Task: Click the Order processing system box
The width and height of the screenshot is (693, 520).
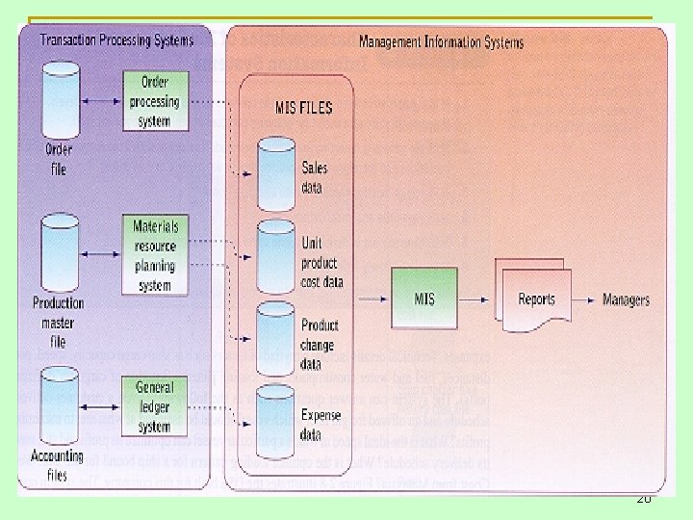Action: [x=155, y=102]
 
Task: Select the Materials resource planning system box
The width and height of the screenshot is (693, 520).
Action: [x=155, y=253]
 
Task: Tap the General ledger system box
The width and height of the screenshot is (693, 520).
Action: [x=155, y=406]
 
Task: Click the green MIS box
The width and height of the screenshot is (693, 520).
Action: [x=424, y=299]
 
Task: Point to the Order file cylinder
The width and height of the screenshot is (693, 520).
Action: [x=60, y=101]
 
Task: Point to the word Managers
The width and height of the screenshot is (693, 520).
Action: [x=626, y=299]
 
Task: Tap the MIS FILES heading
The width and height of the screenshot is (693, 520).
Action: [x=303, y=108]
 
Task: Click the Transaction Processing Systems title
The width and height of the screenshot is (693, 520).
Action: [x=115, y=40]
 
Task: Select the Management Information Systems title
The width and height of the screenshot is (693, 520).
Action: [x=441, y=42]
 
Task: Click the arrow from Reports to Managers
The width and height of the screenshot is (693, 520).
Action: [x=583, y=299]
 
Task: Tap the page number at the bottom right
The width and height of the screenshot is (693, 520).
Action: [x=643, y=500]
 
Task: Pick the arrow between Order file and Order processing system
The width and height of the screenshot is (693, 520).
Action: [x=103, y=101]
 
